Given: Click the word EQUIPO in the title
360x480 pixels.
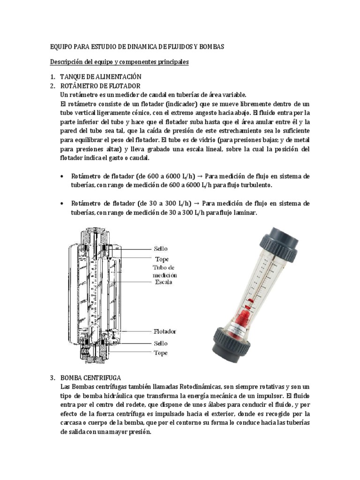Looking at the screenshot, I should pos(62,47).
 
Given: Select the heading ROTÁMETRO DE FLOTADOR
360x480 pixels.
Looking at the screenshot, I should pos(100,86).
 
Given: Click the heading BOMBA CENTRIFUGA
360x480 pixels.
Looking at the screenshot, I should pos(91,377).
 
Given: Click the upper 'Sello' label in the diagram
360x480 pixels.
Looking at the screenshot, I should pos(161,248).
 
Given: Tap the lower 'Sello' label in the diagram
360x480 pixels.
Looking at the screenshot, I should pos(161,343).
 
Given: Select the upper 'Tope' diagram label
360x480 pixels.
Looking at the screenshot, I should pos(162,259).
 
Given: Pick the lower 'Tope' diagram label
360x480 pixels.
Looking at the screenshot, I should pos(161,352).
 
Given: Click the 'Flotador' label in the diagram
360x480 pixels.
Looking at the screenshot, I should pos(165,331).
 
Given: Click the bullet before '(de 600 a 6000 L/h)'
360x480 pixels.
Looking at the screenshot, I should pos(63,176).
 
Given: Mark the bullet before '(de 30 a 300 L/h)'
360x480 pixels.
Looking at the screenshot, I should pos(63,203).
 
